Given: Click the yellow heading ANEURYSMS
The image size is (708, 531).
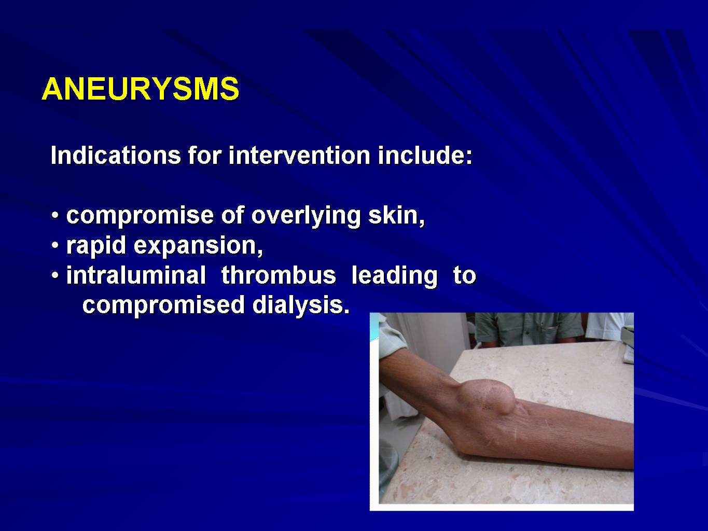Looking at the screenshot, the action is coord(141,89).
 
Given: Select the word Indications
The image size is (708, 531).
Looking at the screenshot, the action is coord(116,156).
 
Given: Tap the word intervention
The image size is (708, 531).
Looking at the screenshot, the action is coord(299,156).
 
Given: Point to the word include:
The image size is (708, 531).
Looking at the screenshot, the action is coord(425,156).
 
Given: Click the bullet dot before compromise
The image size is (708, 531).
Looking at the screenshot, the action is coord(55,215).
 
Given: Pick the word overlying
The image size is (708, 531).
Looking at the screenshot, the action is coord(306,216).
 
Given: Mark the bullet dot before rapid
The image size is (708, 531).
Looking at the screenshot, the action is coord(55,245).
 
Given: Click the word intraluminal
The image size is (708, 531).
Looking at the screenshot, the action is coord(136,275).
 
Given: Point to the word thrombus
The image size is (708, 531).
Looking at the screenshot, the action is coord(279,275).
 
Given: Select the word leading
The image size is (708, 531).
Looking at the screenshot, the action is coord(395,276).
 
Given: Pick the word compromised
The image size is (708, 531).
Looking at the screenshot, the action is coord(163,305).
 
